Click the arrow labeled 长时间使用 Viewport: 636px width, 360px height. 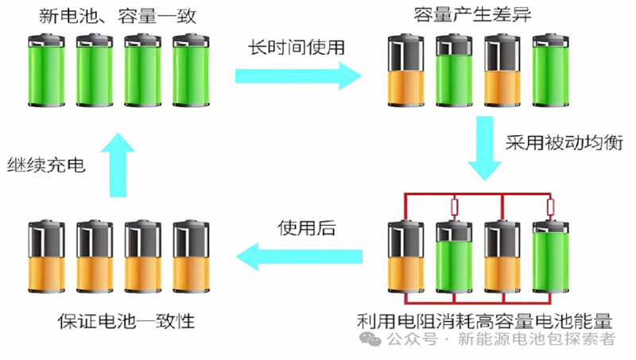pyautogui.click(x=298, y=76)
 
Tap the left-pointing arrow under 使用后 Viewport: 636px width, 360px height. pyautogui.click(x=298, y=256)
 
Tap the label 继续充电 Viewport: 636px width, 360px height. pyautogui.click(x=46, y=165)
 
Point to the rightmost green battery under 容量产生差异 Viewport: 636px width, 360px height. pyautogui.click(x=548, y=73)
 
